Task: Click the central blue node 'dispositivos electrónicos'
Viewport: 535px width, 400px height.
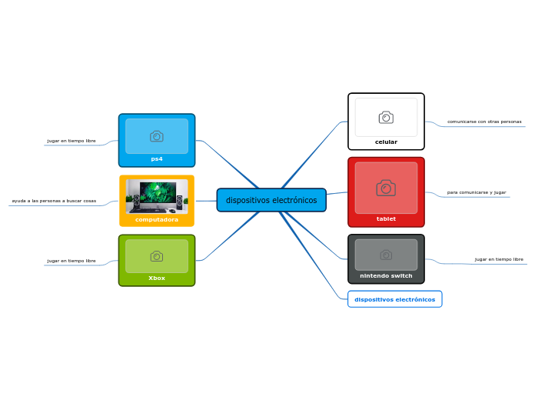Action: [271, 200]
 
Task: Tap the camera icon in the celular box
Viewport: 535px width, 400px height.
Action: [386, 118]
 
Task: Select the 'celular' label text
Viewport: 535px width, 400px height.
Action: [386, 142]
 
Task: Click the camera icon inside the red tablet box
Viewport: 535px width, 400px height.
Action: [386, 188]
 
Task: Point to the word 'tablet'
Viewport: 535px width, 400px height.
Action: [386, 219]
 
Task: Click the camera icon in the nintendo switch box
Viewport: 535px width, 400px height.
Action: [386, 255]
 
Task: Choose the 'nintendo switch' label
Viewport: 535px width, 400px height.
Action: [386, 276]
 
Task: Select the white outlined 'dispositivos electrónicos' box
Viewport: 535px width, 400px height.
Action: [394, 299]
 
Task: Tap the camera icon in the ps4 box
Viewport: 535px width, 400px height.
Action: [157, 136]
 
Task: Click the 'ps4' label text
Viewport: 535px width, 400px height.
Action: [157, 159]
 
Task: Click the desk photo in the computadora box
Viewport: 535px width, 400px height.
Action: [157, 196]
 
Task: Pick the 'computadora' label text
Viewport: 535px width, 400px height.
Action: [157, 220]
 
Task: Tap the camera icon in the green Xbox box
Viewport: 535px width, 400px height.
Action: [157, 256]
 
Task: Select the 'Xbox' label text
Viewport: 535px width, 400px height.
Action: [157, 278]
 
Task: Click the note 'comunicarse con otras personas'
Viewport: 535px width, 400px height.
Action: [484, 122]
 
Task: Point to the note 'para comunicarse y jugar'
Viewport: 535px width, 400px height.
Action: [477, 192]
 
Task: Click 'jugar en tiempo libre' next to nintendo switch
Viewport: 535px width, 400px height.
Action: [499, 259]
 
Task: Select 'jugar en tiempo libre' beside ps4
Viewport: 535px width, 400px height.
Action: [71, 142]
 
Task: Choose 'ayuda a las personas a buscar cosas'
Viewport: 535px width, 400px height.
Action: [54, 202]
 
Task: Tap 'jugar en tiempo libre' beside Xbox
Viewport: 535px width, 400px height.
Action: [71, 262]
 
